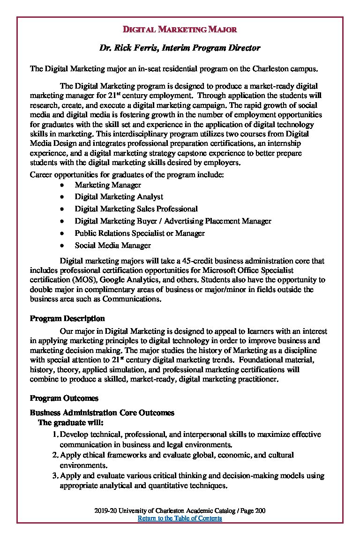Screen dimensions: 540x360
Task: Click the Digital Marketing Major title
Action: [180, 30]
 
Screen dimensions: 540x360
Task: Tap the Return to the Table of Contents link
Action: [180, 518]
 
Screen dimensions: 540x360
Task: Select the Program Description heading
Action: [67, 318]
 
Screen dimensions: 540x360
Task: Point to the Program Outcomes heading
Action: [64, 398]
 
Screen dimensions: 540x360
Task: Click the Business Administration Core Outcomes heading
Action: [102, 412]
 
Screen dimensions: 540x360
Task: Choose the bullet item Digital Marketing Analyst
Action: [119, 197]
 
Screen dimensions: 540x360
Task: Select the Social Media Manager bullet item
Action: [112, 245]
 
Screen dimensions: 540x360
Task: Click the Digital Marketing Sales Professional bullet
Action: [136, 209]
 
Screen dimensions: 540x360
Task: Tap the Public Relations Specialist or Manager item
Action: [140, 233]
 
